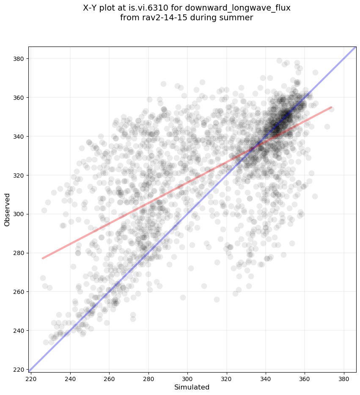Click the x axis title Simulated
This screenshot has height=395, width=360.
tap(192, 387)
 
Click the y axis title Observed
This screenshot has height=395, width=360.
tap(8, 209)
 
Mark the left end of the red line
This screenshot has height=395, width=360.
tap(42, 258)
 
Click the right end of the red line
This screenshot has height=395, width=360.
tap(331, 107)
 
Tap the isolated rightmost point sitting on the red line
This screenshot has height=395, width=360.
tap(331, 109)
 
